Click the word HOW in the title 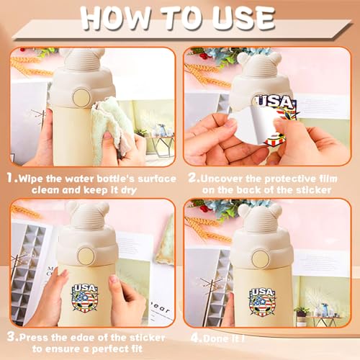(117, 19)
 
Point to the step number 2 (193, 178)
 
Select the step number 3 (12, 337)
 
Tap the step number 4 (195, 338)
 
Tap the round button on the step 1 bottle (81, 98)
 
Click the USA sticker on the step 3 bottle (85, 298)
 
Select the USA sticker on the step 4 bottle (262, 301)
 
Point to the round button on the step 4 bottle (261, 258)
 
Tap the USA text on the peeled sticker (275, 102)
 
